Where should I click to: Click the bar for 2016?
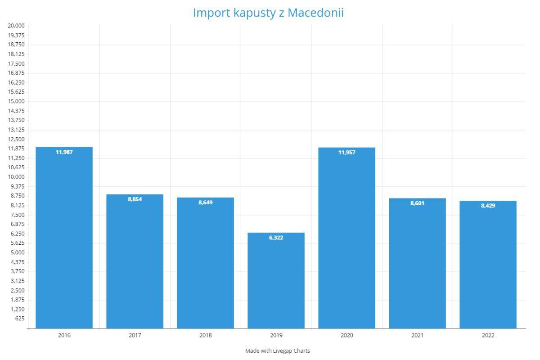point(64,238)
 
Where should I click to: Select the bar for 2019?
point(276,281)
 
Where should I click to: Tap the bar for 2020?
point(346,238)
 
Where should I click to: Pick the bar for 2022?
point(488,265)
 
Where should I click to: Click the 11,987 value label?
point(64,152)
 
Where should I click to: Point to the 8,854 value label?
point(135,199)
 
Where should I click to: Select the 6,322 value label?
point(276,238)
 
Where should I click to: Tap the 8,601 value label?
point(417,203)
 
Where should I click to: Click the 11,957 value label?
point(347,153)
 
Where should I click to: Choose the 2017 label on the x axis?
point(135,336)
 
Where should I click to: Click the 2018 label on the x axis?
point(206,336)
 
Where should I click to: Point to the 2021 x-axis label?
point(417,336)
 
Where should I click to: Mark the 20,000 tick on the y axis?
point(16,26)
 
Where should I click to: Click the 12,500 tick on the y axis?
point(16,139)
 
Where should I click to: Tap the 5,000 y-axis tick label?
point(18,252)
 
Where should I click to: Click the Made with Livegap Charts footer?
point(277,351)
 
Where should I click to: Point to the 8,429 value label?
point(488,206)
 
